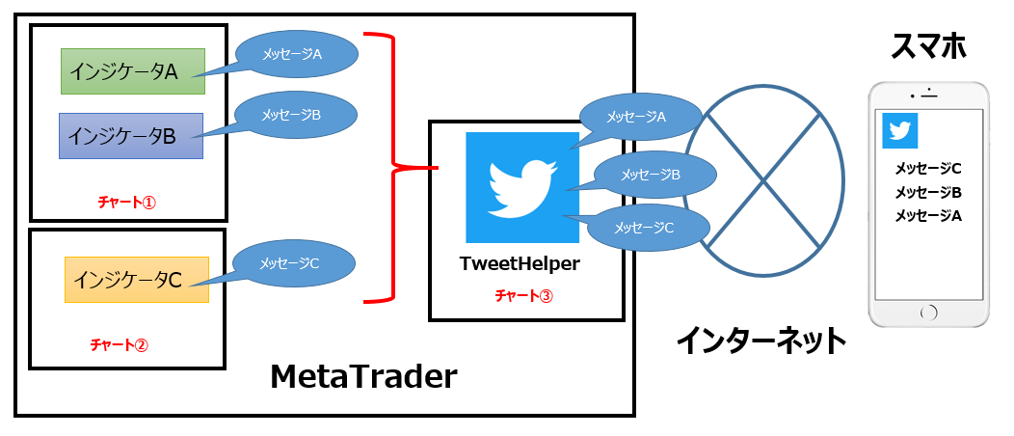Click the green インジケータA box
pos(132,70)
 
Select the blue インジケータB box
pos(130,136)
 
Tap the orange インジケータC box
pos(136,280)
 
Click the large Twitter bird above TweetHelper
pos(521,187)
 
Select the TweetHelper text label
pos(520,262)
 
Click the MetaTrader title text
pos(363,376)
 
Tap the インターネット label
pos(761,340)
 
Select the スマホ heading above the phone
pos(928,44)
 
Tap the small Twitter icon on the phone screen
pos(900,131)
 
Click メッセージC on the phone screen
pos(928,167)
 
